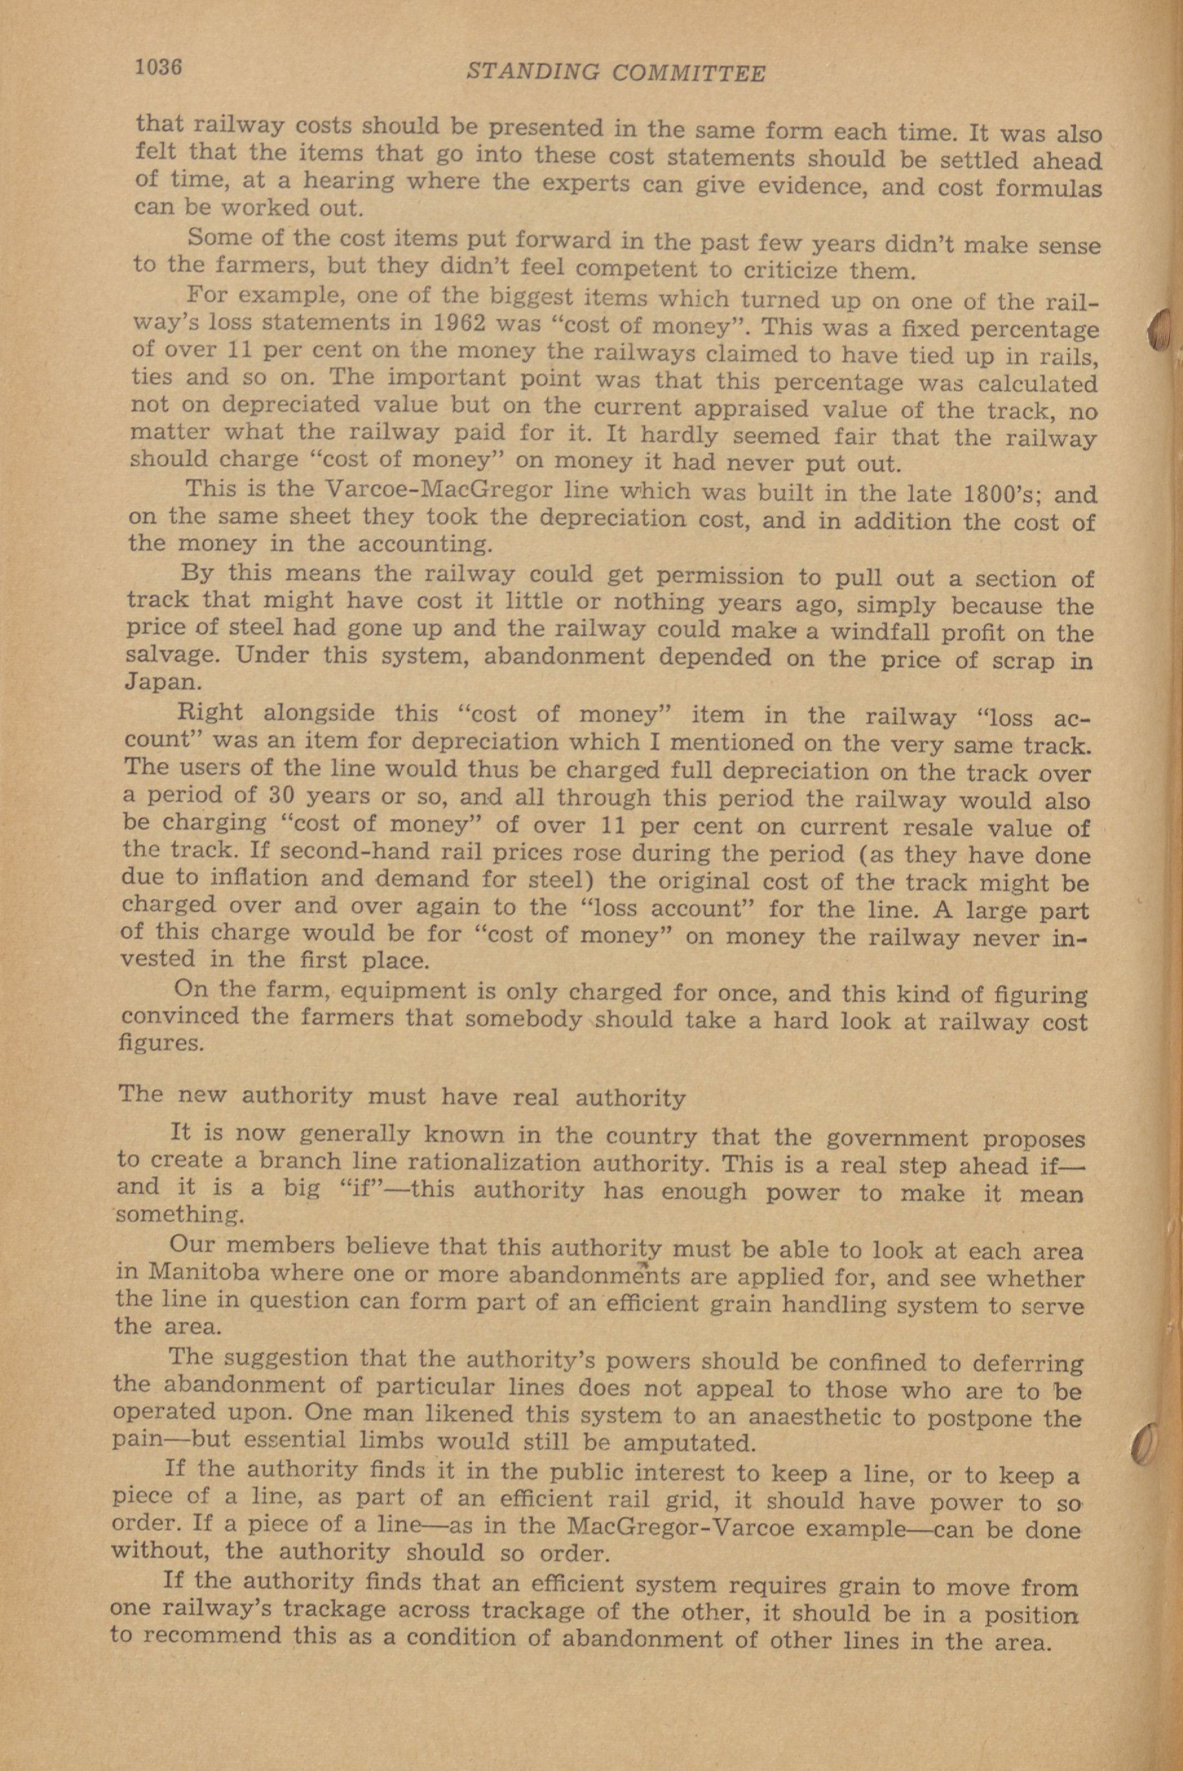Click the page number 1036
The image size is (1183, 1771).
(159, 67)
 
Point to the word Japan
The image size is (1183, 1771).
(162, 683)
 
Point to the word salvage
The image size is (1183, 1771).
(171, 655)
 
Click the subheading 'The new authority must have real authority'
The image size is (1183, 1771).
(402, 1097)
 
